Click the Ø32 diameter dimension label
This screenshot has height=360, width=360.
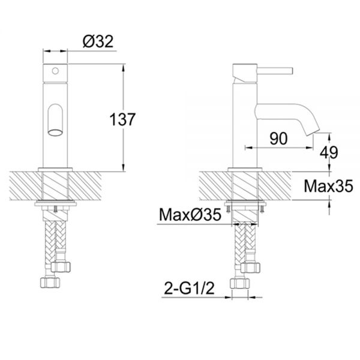tap(98, 41)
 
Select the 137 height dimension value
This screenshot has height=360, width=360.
tap(122, 119)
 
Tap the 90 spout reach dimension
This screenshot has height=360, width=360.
tap(278, 139)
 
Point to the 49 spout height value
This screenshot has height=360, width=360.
tap(329, 152)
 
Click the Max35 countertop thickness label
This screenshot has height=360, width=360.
tap(328, 186)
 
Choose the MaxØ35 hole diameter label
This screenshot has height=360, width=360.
tap(190, 215)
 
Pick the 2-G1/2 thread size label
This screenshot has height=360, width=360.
tap(189, 288)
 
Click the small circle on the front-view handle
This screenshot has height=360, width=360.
tap(55, 71)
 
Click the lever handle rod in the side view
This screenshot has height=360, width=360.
tap(275, 70)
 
